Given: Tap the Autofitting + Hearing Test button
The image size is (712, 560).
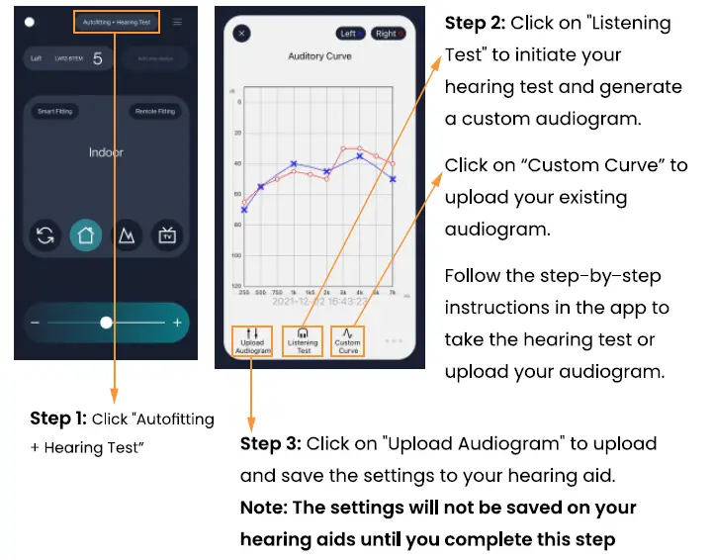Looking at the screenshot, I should [x=116, y=22].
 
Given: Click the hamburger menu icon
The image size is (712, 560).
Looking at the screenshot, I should [x=178, y=22].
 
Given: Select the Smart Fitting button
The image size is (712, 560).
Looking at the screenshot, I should [x=54, y=112].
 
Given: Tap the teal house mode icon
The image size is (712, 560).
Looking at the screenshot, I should [x=85, y=235].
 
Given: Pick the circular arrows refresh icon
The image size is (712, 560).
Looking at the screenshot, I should [x=45, y=235].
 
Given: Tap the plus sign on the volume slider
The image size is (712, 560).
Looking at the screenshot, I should [x=178, y=323].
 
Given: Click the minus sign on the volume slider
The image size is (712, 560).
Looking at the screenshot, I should [x=35, y=323].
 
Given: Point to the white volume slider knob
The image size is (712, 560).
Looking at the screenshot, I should [x=106, y=323].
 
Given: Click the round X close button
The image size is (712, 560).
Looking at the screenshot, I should [x=242, y=33].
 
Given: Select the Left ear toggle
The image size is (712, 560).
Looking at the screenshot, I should [x=351, y=34].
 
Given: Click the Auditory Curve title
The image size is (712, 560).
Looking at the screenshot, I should [x=319, y=56].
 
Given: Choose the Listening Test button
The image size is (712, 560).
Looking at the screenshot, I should [x=304, y=341].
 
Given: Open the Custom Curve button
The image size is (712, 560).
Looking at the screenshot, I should [x=348, y=341].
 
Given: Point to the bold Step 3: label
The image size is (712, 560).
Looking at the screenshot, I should [x=271, y=443].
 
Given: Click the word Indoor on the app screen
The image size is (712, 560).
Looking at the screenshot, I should [x=106, y=152].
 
